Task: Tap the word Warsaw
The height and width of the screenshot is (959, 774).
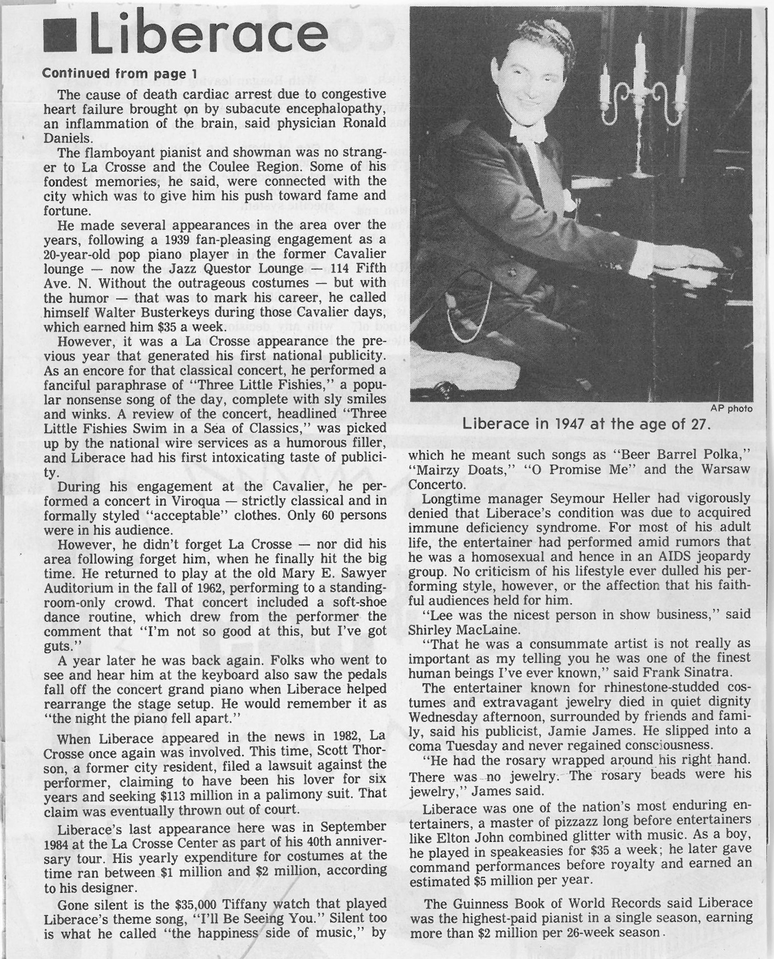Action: pyautogui.click(x=726, y=469)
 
